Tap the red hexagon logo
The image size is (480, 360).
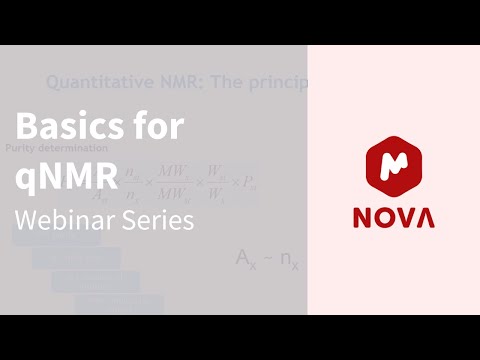click(x=393, y=164)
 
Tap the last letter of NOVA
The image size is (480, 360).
click(x=426, y=218)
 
